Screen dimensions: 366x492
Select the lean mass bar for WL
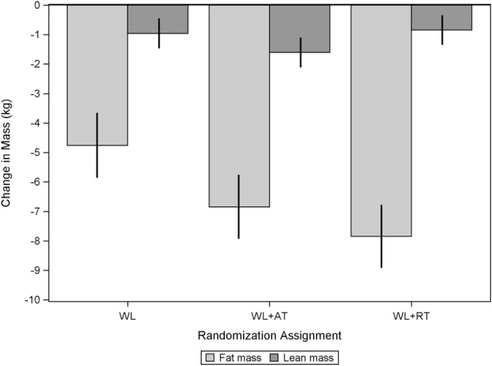click(x=158, y=19)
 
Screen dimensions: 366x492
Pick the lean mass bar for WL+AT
click(x=300, y=28)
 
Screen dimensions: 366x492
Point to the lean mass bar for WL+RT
click(x=442, y=17)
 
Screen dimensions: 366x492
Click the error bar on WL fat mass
click(x=97, y=145)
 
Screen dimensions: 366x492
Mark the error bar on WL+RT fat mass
click(x=381, y=236)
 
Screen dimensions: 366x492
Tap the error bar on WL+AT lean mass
click(x=300, y=52)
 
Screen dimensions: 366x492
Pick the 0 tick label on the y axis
click(x=38, y=5)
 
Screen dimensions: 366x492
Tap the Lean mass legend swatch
click(x=271, y=356)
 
